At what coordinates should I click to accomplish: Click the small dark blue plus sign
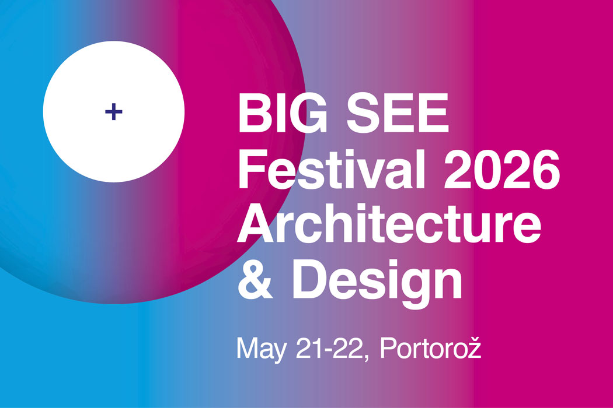click(x=114, y=111)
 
